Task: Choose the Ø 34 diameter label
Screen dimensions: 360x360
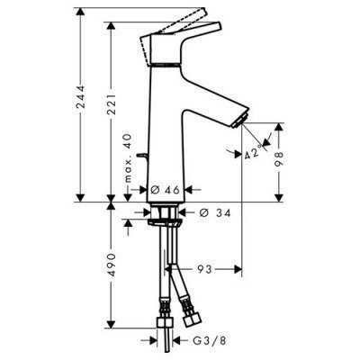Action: pos(206,211)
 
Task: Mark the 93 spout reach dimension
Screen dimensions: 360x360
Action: pos(204,269)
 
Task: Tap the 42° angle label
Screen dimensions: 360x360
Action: pos(255,153)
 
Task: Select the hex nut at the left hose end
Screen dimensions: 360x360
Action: pos(166,329)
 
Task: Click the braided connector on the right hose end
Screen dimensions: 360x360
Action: pos(192,317)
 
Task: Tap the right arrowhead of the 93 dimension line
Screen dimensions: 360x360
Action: pos(239,269)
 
